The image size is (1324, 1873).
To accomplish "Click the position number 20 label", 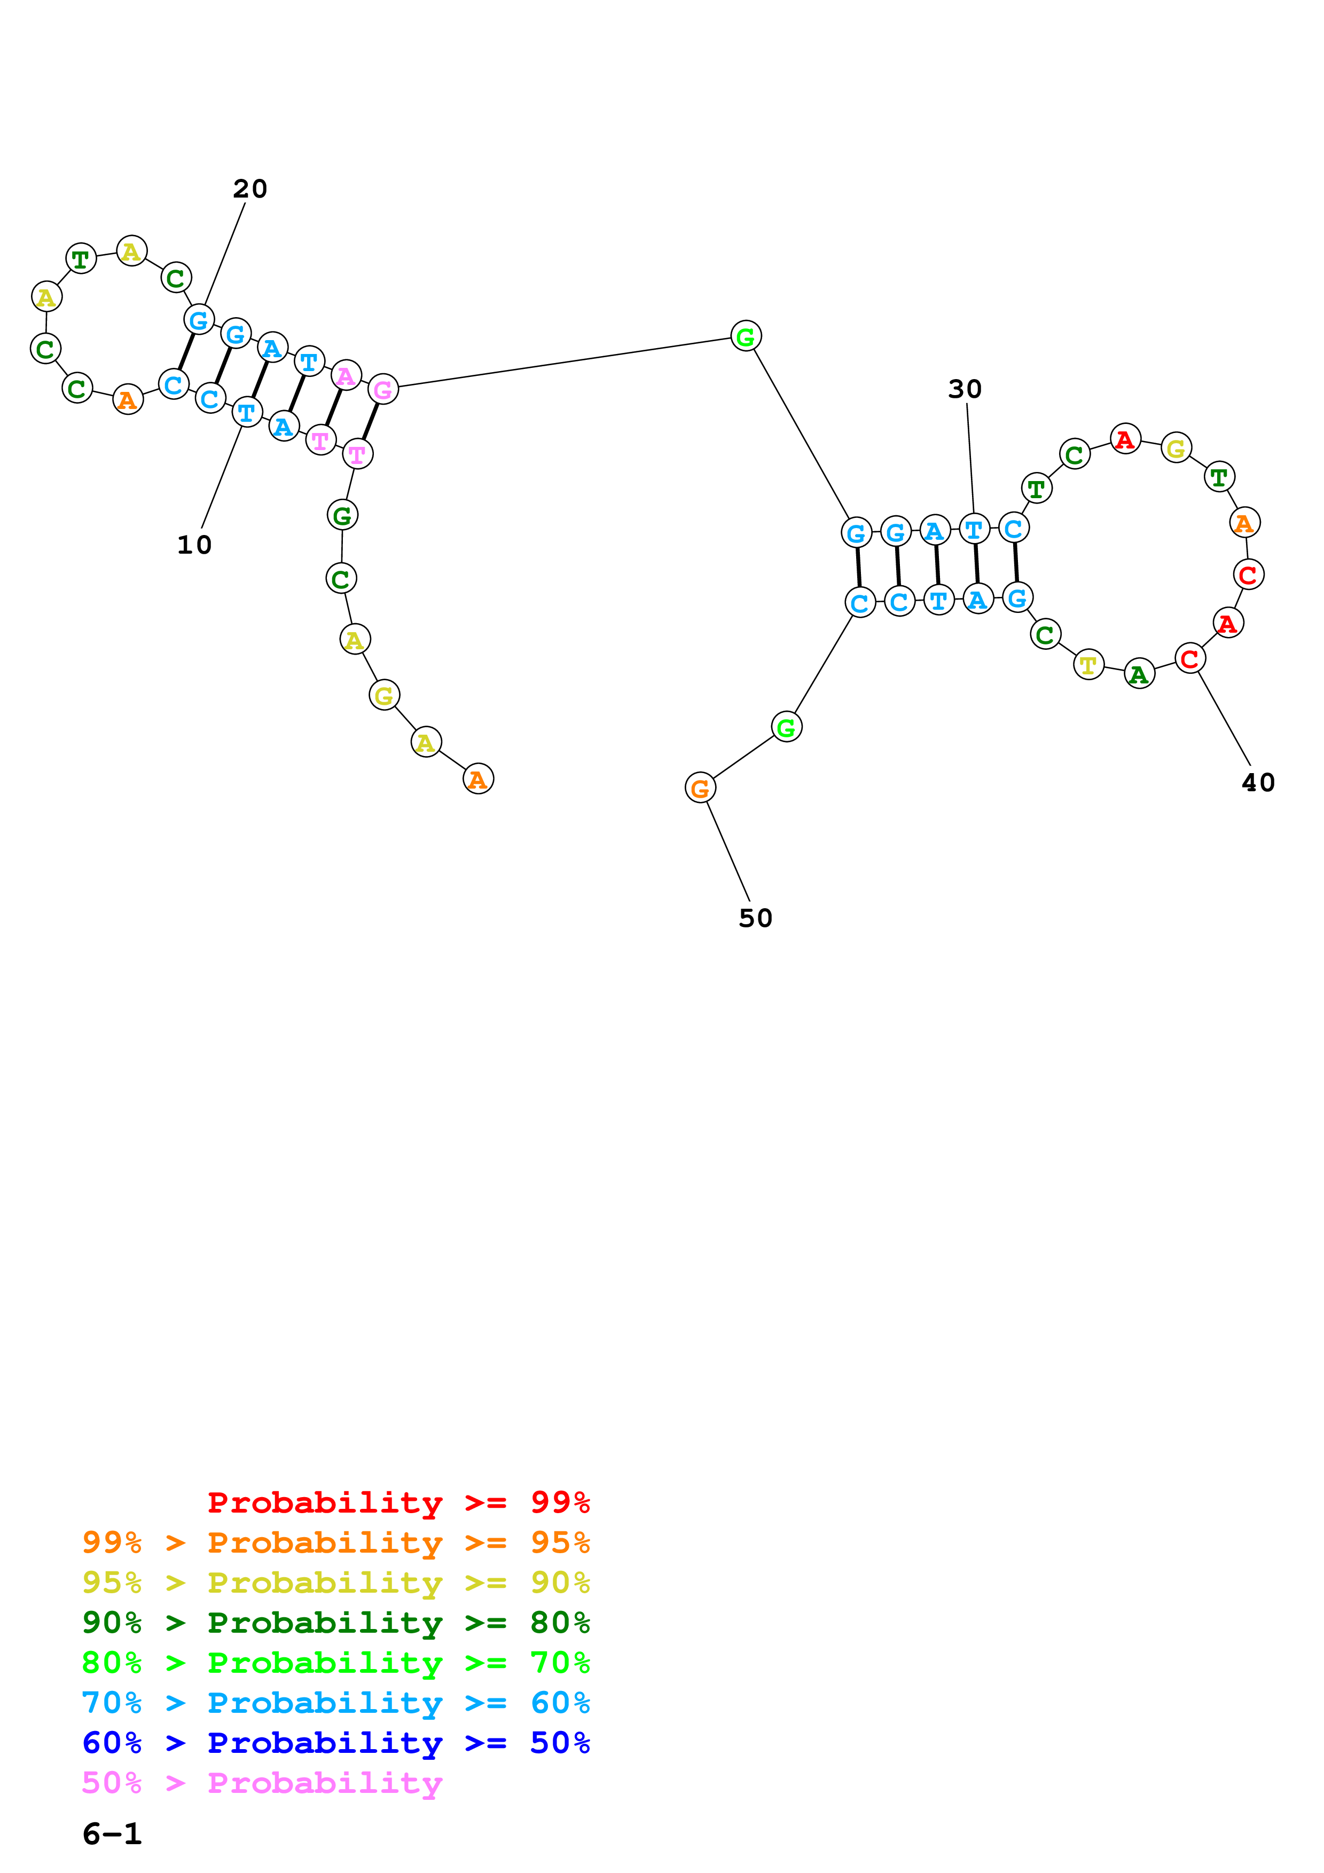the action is click(249, 188).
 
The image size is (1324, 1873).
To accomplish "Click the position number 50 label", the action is click(755, 918).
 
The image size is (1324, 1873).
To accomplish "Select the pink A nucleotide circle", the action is click(346, 375).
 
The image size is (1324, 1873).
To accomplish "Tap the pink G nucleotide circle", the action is click(382, 389).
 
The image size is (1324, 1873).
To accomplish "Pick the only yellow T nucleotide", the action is click(1088, 665).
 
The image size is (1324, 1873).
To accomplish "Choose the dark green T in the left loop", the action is click(81, 259).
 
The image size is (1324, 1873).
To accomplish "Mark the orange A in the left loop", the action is click(127, 400).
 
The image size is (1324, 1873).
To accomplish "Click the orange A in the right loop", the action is click(1244, 522).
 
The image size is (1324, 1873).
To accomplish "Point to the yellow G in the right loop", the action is click(1176, 448).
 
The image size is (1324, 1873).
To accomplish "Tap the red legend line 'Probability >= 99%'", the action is click(398, 1502).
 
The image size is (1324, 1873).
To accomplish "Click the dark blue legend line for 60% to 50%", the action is click(335, 1743).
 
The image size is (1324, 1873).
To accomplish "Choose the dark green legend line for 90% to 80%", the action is click(335, 1623).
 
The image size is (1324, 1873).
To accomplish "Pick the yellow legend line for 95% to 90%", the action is click(335, 1583).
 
